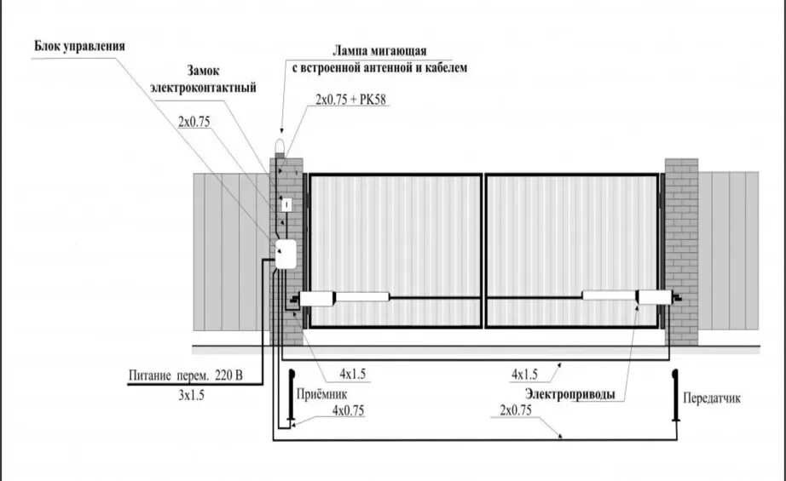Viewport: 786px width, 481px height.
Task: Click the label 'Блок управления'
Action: click(79, 46)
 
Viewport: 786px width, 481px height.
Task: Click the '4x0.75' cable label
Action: click(349, 410)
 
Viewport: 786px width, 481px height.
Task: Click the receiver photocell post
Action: click(292, 396)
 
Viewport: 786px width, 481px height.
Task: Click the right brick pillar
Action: click(680, 251)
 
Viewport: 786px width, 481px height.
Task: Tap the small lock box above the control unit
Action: click(287, 204)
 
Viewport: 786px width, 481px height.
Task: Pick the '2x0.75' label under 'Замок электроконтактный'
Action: click(194, 122)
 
